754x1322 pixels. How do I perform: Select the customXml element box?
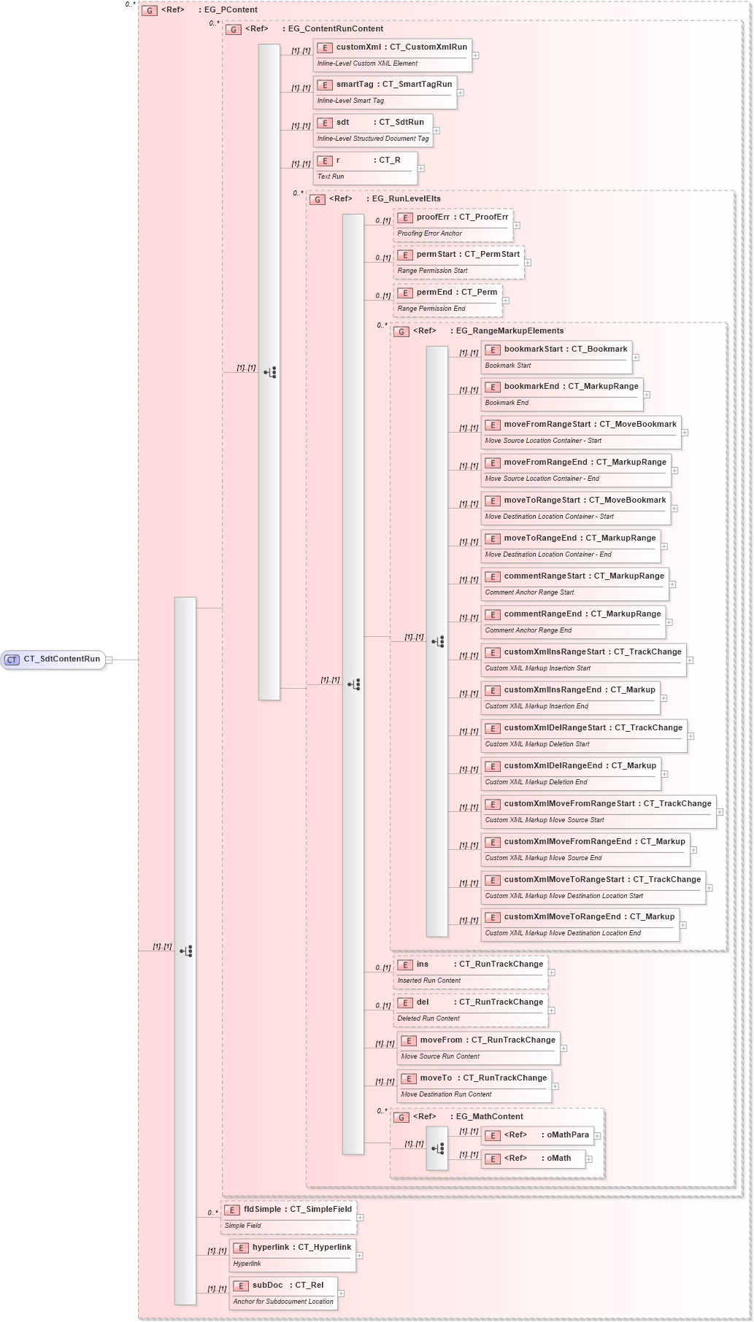click(392, 55)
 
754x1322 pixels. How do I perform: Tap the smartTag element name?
click(355, 85)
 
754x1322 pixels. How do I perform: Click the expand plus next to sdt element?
click(436, 131)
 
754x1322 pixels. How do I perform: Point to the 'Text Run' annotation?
click(331, 177)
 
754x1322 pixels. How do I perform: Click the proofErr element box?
click(453, 225)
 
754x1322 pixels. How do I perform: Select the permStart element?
click(458, 262)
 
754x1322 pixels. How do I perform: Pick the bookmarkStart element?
click(556, 357)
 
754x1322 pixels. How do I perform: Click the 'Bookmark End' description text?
click(507, 403)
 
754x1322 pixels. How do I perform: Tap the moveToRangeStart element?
click(575, 508)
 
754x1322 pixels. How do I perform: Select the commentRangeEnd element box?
click(573, 622)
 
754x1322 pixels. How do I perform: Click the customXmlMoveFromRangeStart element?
click(598, 811)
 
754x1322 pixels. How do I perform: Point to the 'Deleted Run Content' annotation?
click(428, 1018)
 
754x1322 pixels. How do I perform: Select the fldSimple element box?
click(288, 1217)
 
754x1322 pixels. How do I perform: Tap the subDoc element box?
click(283, 1293)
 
